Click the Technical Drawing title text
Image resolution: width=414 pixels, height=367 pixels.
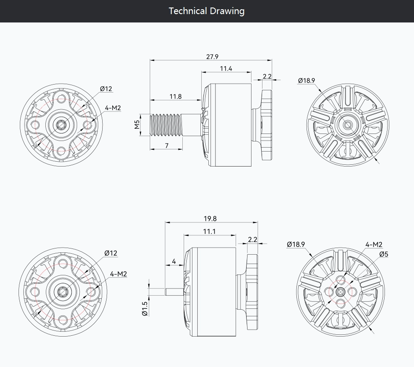click(207, 11)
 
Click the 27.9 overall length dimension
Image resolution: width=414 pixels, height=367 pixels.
click(212, 57)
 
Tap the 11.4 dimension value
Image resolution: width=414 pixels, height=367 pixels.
click(226, 69)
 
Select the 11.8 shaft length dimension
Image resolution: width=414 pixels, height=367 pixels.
click(176, 96)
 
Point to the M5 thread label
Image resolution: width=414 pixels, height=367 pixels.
click(137, 125)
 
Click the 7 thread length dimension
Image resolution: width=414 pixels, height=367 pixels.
click(166, 146)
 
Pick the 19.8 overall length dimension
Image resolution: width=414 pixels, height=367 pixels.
click(210, 219)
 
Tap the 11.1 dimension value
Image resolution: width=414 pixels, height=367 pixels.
click(209, 232)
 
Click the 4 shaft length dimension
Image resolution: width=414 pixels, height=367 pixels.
click(174, 261)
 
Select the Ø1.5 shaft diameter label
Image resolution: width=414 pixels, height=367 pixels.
click(145, 308)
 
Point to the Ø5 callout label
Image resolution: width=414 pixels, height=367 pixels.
click(384, 254)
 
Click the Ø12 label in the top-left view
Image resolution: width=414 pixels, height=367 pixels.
click(106, 89)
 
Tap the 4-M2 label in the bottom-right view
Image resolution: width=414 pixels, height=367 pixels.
click(374, 245)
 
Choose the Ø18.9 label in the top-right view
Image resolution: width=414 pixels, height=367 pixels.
click(307, 81)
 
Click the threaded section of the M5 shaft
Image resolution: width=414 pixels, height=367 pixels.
click(166, 125)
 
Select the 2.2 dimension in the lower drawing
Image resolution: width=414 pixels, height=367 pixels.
click(253, 240)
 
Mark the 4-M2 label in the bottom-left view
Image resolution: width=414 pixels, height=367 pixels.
click(118, 274)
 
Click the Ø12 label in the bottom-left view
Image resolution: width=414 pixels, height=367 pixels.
click(111, 253)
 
